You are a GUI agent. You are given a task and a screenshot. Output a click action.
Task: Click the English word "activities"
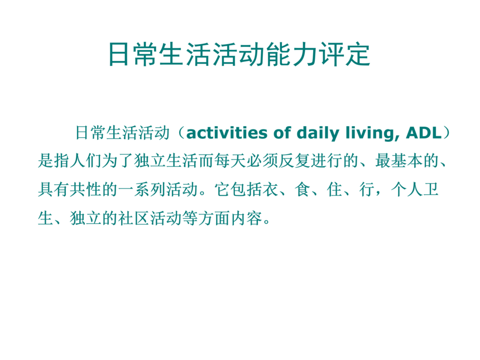[x=227, y=133]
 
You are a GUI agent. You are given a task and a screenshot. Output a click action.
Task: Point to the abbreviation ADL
[x=424, y=133]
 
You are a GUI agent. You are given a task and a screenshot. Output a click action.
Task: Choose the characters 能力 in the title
[x=292, y=55]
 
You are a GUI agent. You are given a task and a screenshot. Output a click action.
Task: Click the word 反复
[x=294, y=161]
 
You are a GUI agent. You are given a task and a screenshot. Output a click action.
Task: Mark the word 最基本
[x=399, y=161]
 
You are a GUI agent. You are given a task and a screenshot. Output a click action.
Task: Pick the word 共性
[x=86, y=190]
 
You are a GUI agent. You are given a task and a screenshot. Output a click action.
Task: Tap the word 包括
[x=246, y=190]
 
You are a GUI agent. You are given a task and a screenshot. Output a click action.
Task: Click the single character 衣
[x=270, y=190]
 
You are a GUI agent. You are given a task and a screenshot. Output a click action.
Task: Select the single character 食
[x=303, y=190]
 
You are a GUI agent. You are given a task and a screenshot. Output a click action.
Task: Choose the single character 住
[x=334, y=190]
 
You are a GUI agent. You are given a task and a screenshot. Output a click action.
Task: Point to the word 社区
[x=134, y=218]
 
